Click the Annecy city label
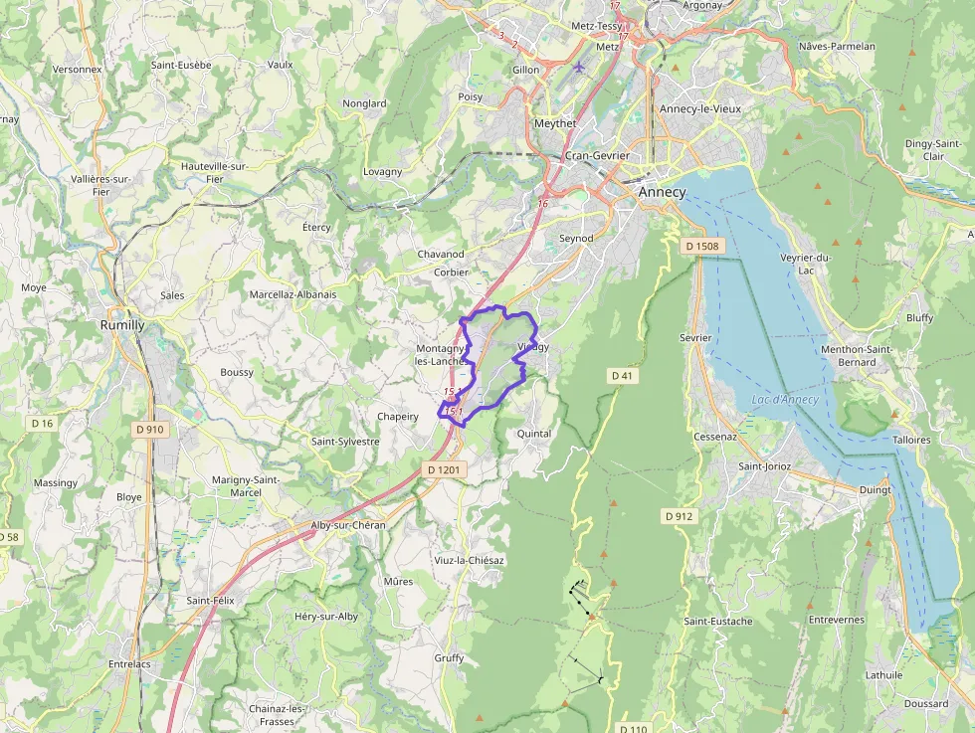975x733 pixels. tap(662, 192)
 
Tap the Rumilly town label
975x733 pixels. tap(122, 325)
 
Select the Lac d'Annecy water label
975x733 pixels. tap(785, 400)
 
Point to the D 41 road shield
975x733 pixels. tap(622, 375)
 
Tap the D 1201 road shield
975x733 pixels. tap(444, 469)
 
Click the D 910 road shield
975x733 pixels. tap(149, 430)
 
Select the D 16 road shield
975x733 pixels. tap(42, 423)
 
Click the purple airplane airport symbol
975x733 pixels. tap(580, 68)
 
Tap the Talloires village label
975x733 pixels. tap(911, 439)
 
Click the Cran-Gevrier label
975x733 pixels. tap(597, 156)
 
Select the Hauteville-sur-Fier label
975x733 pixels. tap(214, 172)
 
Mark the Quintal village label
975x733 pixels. tap(534, 434)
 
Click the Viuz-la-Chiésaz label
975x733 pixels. tap(469, 560)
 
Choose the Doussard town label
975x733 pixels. tap(926, 703)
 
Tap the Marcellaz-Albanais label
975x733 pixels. tap(292, 294)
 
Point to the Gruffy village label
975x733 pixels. tap(449, 658)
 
